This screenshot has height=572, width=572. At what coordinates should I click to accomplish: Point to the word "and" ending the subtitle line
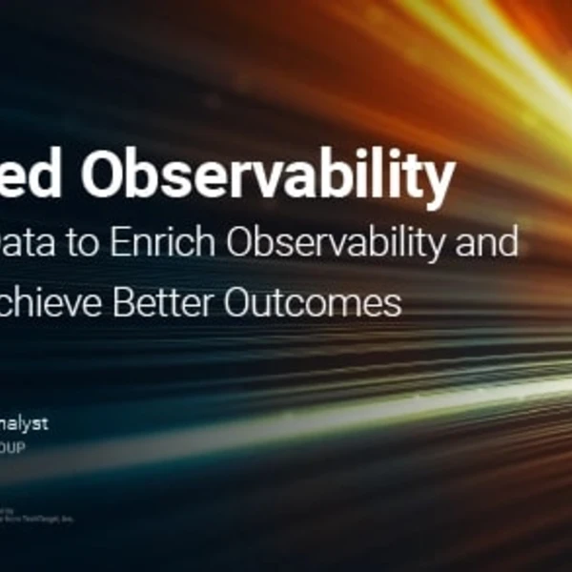(x=492, y=244)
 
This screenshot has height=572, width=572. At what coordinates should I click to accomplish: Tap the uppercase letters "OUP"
(x=13, y=445)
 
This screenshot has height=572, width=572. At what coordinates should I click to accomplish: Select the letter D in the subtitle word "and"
(x=509, y=244)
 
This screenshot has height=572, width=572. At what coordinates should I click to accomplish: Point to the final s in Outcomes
(x=393, y=304)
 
